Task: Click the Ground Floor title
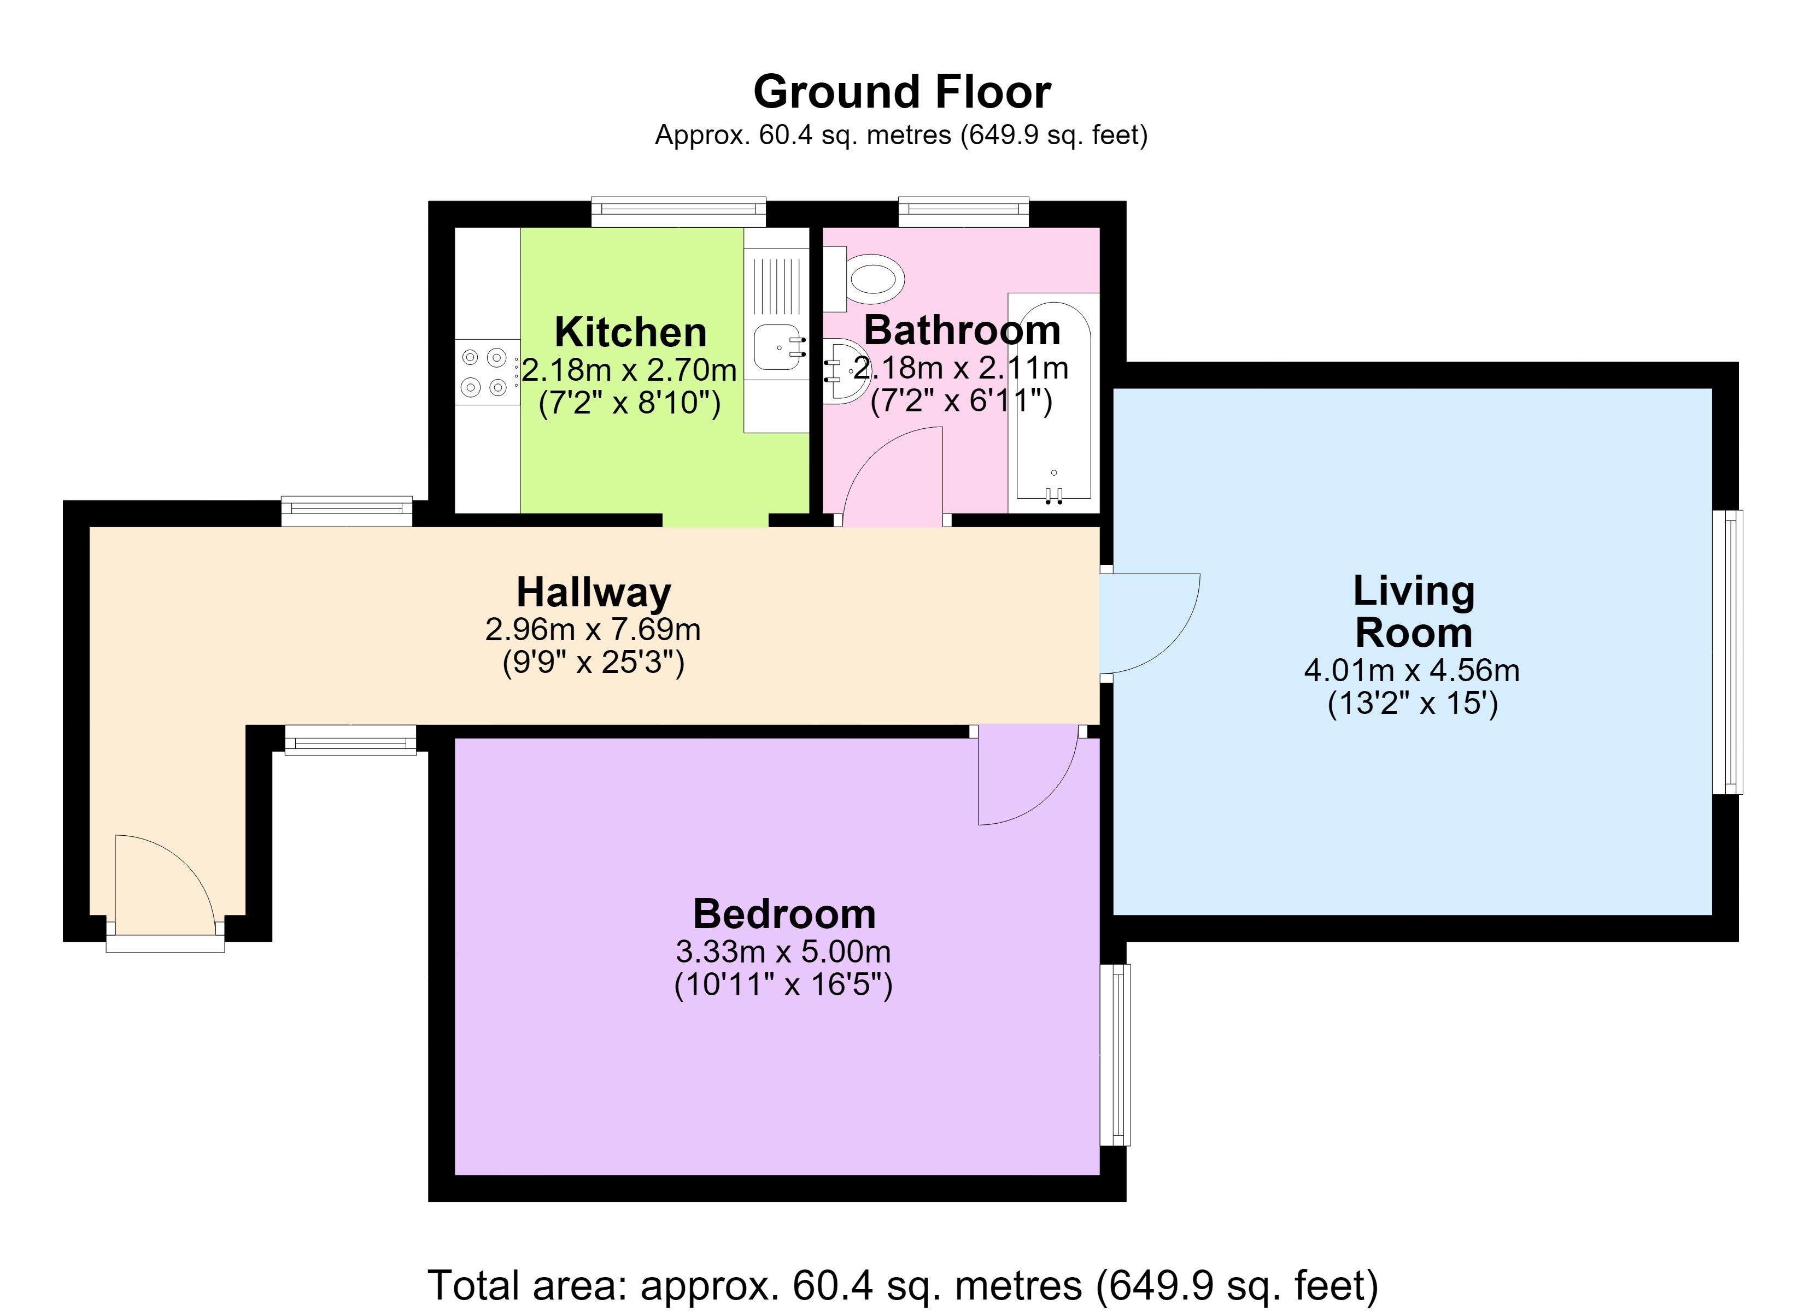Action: pyautogui.click(x=902, y=92)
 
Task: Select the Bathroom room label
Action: pyautogui.click(x=963, y=330)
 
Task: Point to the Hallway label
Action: pyautogui.click(x=593, y=592)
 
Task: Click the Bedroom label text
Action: pyautogui.click(x=784, y=913)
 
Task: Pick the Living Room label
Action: pyautogui.click(x=1414, y=611)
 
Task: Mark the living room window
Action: pyautogui.click(x=1727, y=652)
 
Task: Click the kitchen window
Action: pyautogui.click(x=678, y=211)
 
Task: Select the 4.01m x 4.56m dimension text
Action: pyautogui.click(x=1412, y=670)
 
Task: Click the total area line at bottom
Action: pyautogui.click(x=903, y=1285)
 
